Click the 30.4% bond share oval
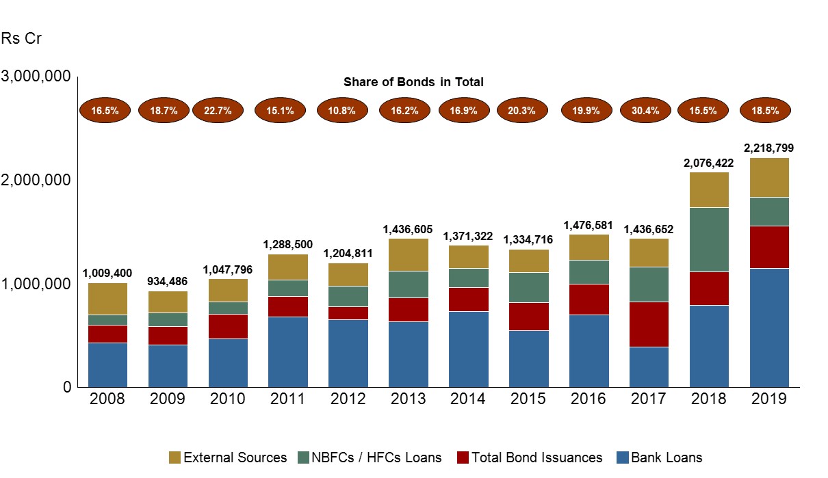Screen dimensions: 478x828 tap(645, 110)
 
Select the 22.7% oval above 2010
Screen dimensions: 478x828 tap(218, 110)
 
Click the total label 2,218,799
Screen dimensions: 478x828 tap(770, 148)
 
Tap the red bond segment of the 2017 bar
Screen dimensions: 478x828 tap(649, 324)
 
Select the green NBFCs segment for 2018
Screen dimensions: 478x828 tap(710, 239)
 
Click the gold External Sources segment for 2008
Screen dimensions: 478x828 tap(108, 299)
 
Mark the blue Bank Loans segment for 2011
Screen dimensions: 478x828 tap(288, 351)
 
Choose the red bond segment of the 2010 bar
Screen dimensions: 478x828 tap(229, 326)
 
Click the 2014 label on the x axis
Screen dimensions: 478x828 tap(469, 399)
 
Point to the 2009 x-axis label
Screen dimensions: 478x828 tap(168, 399)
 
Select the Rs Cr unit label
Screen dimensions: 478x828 tap(21, 38)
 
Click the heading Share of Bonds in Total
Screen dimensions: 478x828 tap(413, 82)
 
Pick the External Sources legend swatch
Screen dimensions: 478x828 tap(174, 457)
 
